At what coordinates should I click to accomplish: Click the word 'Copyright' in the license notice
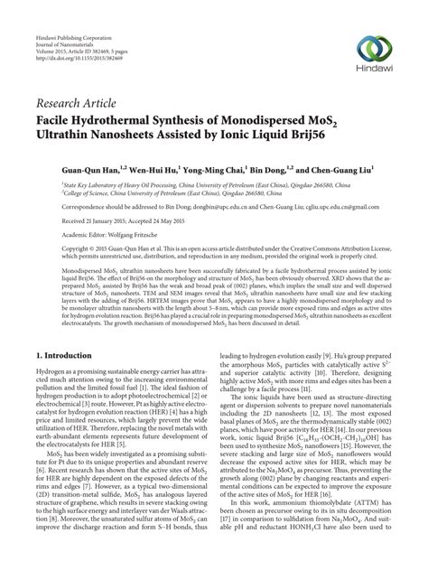click(54, 250)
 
